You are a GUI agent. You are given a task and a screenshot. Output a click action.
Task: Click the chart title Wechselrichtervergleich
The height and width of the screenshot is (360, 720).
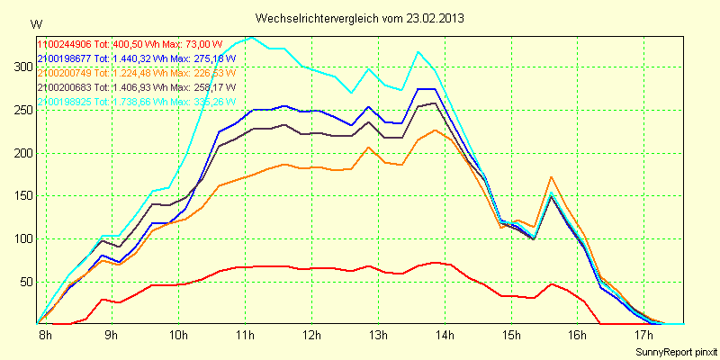click(316, 18)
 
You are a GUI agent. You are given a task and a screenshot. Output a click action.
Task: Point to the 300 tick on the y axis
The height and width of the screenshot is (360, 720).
click(22, 67)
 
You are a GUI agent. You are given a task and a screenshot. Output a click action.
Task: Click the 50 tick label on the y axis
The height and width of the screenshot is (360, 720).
click(25, 282)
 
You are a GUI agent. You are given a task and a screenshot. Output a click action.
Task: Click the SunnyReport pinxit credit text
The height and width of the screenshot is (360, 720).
click(676, 351)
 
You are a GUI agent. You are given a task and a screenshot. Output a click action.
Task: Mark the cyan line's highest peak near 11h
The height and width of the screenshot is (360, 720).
click(250, 38)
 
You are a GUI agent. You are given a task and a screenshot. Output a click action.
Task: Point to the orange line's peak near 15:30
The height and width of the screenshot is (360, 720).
click(551, 177)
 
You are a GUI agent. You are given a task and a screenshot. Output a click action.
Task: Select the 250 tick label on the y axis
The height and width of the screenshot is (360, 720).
click(22, 110)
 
